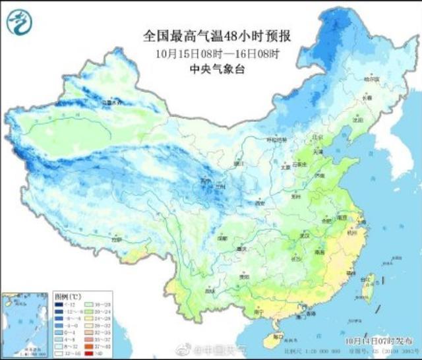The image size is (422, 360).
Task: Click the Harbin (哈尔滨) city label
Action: coord(373,79)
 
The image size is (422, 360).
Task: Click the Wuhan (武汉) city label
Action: coord(305,235)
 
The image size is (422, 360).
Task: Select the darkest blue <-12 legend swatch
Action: coord(58,304)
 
